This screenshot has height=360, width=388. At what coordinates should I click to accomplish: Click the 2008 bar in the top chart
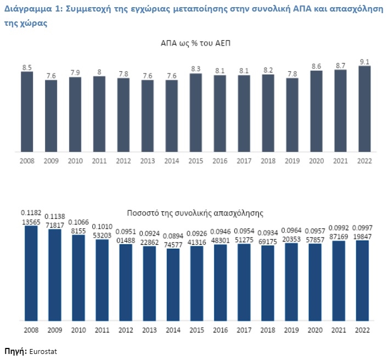pos(27,111)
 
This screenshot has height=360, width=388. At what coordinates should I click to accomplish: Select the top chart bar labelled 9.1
pos(364,109)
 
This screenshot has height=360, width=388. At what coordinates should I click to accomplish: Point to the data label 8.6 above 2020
pos(316,66)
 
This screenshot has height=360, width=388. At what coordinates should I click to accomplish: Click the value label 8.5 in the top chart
pos(27,67)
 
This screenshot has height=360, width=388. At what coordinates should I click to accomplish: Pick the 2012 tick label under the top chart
pos(123,161)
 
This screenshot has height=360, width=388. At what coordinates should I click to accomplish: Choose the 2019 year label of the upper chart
pos(292,161)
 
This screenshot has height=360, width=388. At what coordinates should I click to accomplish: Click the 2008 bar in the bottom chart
pos(31,273)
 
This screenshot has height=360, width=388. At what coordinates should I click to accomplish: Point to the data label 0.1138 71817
pos(55,221)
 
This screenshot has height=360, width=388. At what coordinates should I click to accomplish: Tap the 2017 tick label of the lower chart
pos(244,330)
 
